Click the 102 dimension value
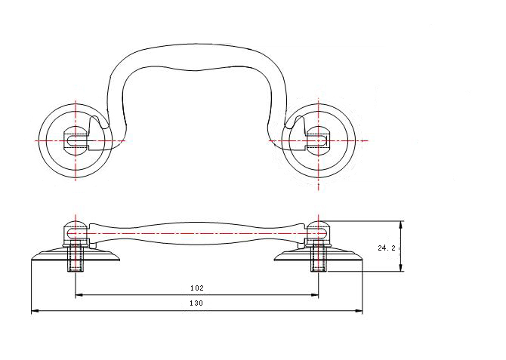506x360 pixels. [197, 288]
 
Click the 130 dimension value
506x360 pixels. [196, 303]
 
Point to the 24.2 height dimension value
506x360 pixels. [387, 248]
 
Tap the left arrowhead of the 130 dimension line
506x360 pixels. [35, 311]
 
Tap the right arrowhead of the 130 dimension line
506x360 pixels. [359, 311]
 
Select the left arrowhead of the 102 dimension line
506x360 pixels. [79, 294]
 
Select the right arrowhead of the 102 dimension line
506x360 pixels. [315, 294]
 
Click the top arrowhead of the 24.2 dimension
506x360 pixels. [400, 225]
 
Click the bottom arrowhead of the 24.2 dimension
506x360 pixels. [400, 268]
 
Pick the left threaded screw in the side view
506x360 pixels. [76, 258]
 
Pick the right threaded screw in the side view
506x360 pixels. [319, 258]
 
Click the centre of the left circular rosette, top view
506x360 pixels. [76, 140]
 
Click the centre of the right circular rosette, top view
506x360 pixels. [319, 140]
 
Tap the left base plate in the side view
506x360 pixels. [76, 254]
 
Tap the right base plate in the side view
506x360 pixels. [319, 254]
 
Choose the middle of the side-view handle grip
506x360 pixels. [197, 233]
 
